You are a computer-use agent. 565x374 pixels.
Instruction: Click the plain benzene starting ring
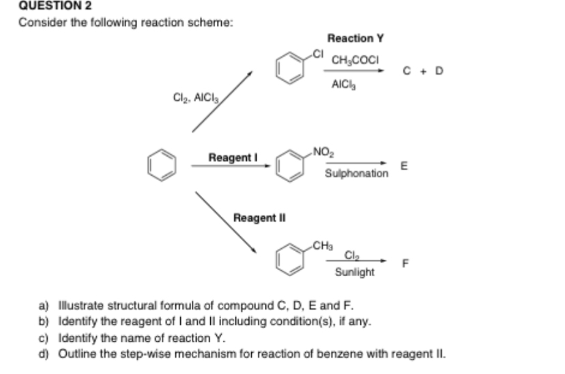[x=162, y=166]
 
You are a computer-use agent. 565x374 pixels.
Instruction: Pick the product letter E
[x=405, y=165]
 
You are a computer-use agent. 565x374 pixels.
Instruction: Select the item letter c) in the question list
[x=44, y=338]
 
